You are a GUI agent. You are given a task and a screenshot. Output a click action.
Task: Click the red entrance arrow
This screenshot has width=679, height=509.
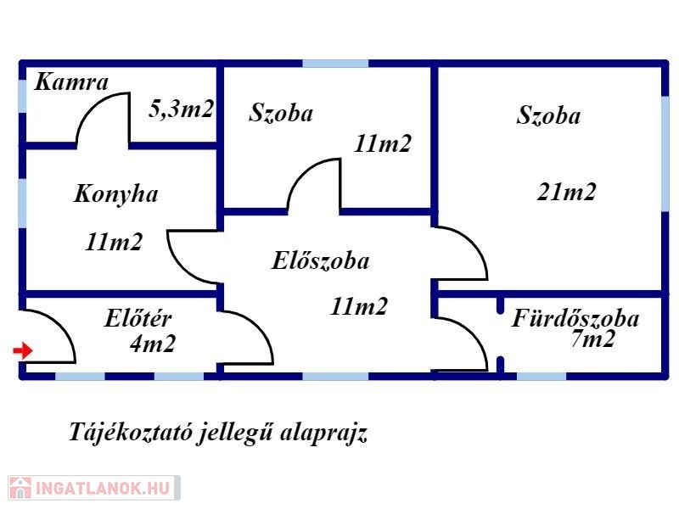(x=23, y=350)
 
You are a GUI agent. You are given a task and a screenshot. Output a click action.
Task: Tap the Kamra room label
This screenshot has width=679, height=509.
(x=71, y=81)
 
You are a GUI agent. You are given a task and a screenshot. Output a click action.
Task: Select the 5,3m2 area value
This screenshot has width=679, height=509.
(x=181, y=109)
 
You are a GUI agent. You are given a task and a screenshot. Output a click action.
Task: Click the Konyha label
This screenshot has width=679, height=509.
(x=116, y=194)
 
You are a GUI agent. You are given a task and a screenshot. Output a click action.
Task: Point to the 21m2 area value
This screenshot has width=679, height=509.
(x=566, y=192)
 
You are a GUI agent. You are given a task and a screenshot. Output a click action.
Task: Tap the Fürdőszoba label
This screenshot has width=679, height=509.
(x=575, y=318)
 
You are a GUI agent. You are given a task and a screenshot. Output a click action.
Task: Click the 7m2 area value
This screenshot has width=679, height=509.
(x=592, y=338)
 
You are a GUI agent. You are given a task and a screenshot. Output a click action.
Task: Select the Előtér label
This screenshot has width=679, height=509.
(x=138, y=319)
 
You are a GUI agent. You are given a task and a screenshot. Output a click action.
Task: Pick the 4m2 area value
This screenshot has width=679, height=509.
(x=153, y=344)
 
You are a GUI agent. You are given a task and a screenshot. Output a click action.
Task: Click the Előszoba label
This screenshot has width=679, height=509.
(x=321, y=260)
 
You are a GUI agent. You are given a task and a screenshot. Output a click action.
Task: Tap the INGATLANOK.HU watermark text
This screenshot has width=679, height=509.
(x=103, y=489)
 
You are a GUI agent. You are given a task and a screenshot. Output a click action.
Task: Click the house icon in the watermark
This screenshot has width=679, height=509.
(x=20, y=489)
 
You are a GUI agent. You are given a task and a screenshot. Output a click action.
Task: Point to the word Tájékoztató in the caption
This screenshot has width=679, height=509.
(x=130, y=432)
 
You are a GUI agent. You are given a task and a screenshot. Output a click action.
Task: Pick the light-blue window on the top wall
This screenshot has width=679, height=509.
(x=335, y=64)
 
